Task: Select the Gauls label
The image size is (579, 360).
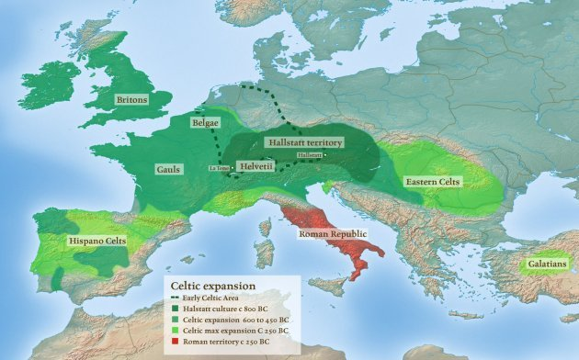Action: click(x=168, y=170)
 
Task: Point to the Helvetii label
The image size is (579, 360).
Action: click(x=255, y=166)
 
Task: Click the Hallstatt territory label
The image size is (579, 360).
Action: click(x=303, y=143)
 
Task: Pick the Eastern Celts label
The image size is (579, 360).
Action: click(x=435, y=182)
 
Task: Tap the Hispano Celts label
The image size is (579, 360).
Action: click(x=96, y=241)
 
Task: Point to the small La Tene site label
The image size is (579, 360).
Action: click(x=219, y=169)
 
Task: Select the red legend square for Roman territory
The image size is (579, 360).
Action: click(x=175, y=343)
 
